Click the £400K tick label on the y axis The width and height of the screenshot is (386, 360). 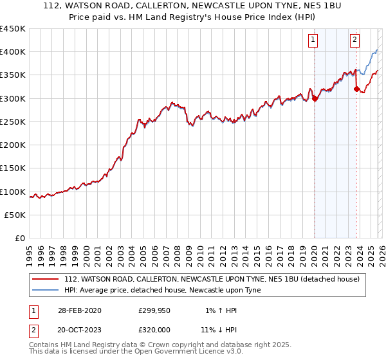[x=13, y=52]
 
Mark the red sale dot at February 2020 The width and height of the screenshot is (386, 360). [x=314, y=98]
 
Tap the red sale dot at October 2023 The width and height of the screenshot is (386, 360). [x=356, y=89]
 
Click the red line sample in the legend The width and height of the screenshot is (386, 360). [x=46, y=279]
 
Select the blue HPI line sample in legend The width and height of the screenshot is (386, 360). [x=46, y=290]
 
